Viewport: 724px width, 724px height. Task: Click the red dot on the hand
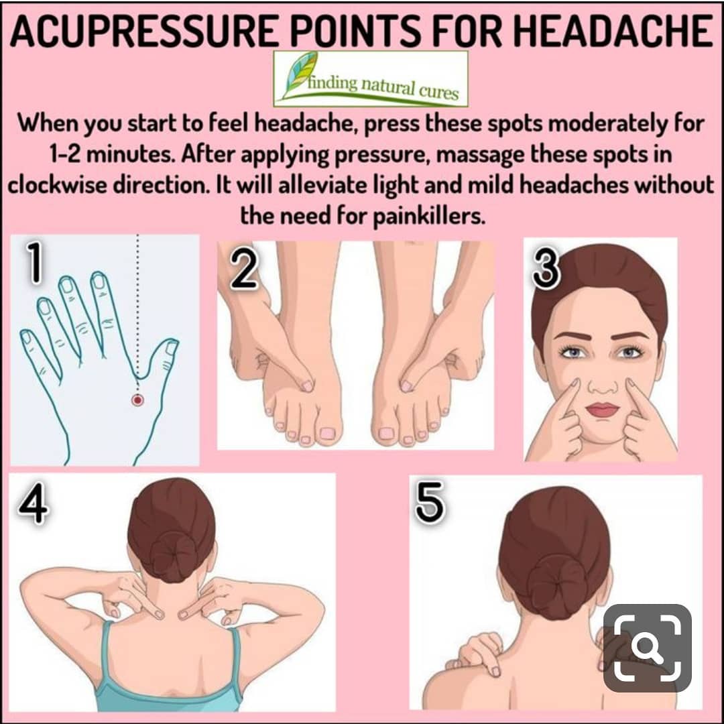coord(137,400)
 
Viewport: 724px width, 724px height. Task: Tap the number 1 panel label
coord(34,262)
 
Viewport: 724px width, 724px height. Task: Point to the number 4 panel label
coord(34,503)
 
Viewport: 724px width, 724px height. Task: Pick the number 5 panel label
coord(430,502)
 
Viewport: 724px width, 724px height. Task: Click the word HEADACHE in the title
coord(613,32)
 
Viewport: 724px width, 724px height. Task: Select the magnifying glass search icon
coord(648,648)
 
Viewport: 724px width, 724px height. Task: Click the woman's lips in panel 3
coord(602,409)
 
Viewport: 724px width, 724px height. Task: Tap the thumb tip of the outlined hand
coord(172,346)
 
